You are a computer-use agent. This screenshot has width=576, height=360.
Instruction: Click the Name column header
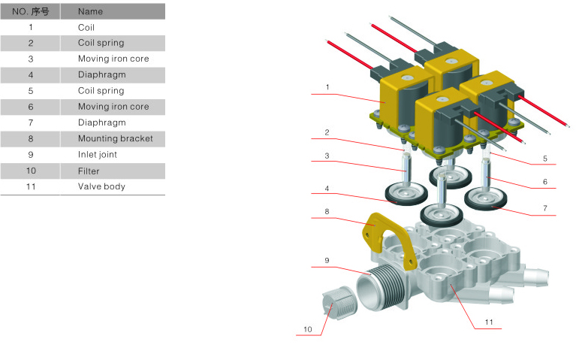click(90, 12)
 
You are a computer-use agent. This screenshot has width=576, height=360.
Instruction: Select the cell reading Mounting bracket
click(116, 138)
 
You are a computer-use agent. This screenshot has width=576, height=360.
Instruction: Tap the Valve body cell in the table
click(101, 186)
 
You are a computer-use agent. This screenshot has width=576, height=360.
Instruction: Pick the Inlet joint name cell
click(98, 154)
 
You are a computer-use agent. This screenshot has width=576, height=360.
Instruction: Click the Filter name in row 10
click(89, 171)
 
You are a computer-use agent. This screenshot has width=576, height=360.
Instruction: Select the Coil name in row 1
click(86, 28)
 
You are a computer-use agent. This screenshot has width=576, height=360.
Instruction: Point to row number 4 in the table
click(31, 75)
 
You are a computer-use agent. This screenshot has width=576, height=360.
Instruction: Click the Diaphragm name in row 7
click(101, 123)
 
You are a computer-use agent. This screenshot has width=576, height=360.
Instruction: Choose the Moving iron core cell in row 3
click(113, 59)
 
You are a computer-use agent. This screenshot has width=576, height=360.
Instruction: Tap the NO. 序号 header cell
click(31, 12)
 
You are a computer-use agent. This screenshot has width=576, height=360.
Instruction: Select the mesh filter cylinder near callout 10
click(339, 303)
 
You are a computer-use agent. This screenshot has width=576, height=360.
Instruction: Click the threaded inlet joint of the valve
click(382, 288)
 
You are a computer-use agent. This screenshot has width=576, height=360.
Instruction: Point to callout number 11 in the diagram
click(489, 322)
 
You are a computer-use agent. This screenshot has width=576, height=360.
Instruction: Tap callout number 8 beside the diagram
click(327, 211)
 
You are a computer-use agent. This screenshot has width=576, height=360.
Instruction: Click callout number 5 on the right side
click(545, 159)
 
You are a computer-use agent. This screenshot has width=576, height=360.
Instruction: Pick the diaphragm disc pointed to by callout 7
click(486, 199)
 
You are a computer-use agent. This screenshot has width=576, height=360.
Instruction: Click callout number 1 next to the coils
click(327, 87)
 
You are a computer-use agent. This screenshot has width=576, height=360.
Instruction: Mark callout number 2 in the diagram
click(327, 132)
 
